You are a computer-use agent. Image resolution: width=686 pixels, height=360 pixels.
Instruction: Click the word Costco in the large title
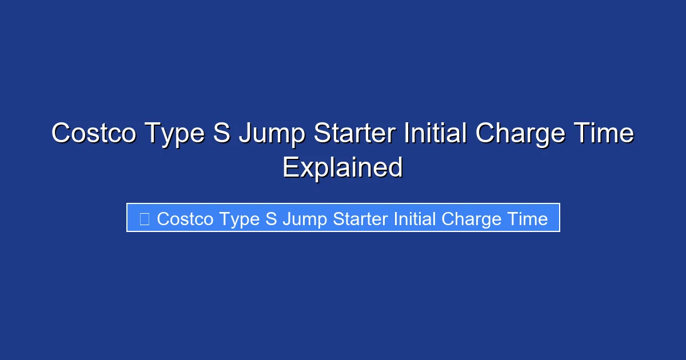[94, 134]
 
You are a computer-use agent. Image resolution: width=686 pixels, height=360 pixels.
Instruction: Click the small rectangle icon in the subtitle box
[144, 219]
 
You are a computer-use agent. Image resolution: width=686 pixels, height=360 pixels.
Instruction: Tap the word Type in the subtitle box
[238, 219]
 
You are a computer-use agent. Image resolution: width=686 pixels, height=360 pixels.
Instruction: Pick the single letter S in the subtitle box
[270, 219]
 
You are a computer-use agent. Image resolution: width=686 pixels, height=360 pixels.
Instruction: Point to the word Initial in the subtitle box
[415, 219]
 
